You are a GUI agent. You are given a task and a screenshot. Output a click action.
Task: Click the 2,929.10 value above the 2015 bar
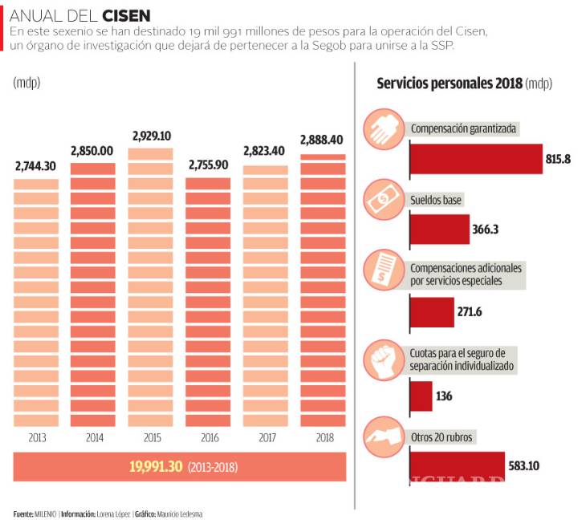(x=150, y=136)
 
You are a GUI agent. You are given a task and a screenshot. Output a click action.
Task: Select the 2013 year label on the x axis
(x=36, y=438)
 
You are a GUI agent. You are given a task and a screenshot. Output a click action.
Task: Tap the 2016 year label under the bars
(x=208, y=438)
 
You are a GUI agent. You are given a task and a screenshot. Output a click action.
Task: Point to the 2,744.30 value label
(x=36, y=167)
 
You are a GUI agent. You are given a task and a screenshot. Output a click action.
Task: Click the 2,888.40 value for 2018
(x=322, y=140)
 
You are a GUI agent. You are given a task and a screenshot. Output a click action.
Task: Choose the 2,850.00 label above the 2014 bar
(x=92, y=151)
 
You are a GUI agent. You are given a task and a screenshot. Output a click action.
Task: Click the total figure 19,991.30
(x=156, y=467)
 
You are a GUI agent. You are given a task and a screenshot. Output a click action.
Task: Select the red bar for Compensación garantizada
(x=475, y=159)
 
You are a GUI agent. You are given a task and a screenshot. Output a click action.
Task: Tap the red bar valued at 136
(x=421, y=396)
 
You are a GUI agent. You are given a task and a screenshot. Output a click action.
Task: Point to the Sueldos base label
(x=437, y=199)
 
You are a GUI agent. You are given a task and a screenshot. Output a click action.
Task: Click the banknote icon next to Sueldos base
(x=384, y=198)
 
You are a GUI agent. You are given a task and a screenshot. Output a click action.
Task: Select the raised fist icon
(x=384, y=358)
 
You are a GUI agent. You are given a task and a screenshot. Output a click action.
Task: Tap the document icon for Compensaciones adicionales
(x=384, y=269)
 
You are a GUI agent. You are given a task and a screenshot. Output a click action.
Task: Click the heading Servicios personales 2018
(x=450, y=83)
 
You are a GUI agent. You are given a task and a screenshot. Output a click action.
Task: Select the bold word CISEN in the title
(x=125, y=15)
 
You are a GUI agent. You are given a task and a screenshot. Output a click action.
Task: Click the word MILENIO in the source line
(x=45, y=514)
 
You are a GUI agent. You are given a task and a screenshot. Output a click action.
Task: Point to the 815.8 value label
(x=557, y=159)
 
